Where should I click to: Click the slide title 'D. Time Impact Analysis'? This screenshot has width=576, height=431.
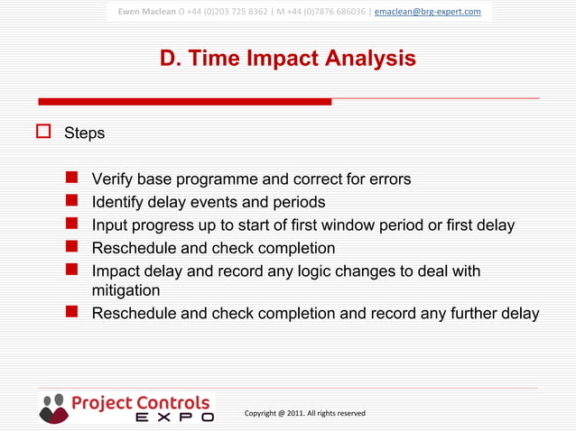pos(287,59)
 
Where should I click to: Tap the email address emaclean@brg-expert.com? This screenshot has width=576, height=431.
pos(427,12)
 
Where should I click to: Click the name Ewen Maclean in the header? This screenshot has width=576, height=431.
pos(147,12)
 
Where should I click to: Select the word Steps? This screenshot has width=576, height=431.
pos(84,133)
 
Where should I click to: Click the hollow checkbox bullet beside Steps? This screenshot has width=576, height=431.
pos(42,133)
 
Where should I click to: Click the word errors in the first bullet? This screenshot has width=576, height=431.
pos(390,179)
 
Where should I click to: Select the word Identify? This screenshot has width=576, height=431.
pos(121,203)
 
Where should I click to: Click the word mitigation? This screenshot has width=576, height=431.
pos(126,291)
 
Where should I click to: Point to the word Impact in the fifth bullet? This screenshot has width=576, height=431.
pos(117,271)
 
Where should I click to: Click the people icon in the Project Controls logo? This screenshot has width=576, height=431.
pos(54,407)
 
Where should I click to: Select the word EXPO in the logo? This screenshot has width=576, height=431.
pos(174,417)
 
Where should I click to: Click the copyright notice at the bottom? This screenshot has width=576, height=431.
pos(305,413)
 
